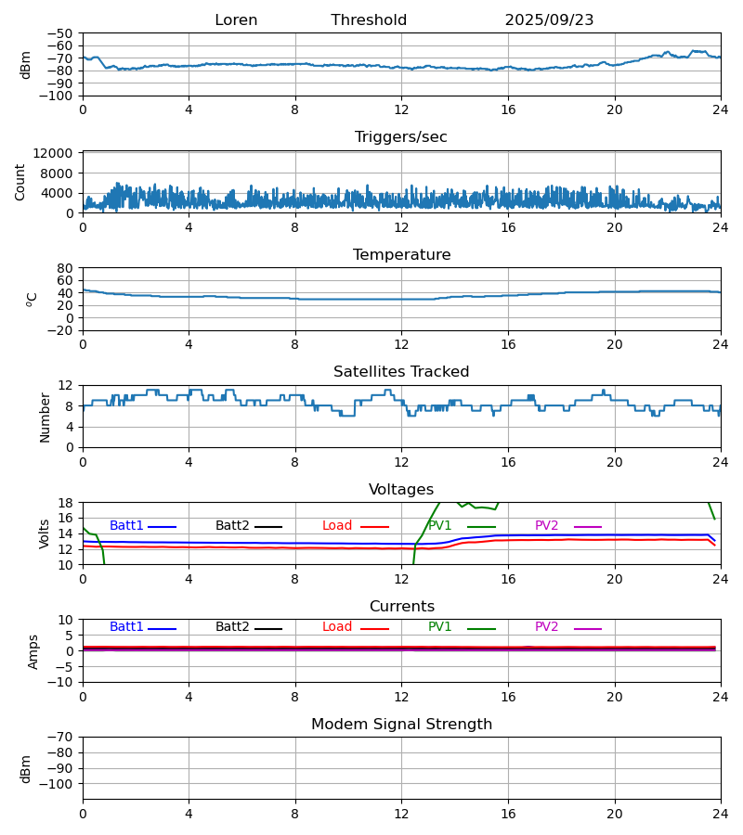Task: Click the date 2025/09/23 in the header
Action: click(549, 20)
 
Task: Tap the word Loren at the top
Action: click(236, 20)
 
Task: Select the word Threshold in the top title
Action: click(369, 20)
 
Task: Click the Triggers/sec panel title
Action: click(401, 137)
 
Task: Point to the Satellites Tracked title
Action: click(401, 372)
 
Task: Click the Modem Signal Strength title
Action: click(401, 725)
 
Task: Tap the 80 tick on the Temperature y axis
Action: click(65, 268)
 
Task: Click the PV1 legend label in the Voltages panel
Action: click(440, 526)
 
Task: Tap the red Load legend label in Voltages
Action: click(337, 526)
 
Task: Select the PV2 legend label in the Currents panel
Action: click(547, 627)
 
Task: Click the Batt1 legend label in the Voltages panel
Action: click(126, 526)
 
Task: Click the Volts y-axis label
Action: click(46, 533)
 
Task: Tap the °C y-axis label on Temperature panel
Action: click(32, 299)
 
